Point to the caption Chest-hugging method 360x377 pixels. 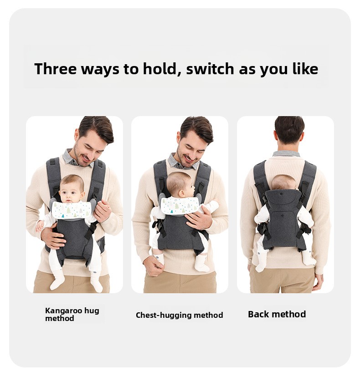click(179, 315)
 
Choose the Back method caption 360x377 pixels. click(277, 314)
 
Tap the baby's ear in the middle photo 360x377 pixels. click(182, 193)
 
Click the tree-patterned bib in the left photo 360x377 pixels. click(72, 209)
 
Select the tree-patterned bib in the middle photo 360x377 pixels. click(180, 205)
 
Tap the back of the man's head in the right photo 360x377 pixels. click(289, 131)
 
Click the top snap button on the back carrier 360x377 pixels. click(281, 193)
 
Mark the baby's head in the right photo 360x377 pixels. click(283, 182)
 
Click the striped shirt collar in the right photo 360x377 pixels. click(286, 154)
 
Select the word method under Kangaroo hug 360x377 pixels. click(59, 318)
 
